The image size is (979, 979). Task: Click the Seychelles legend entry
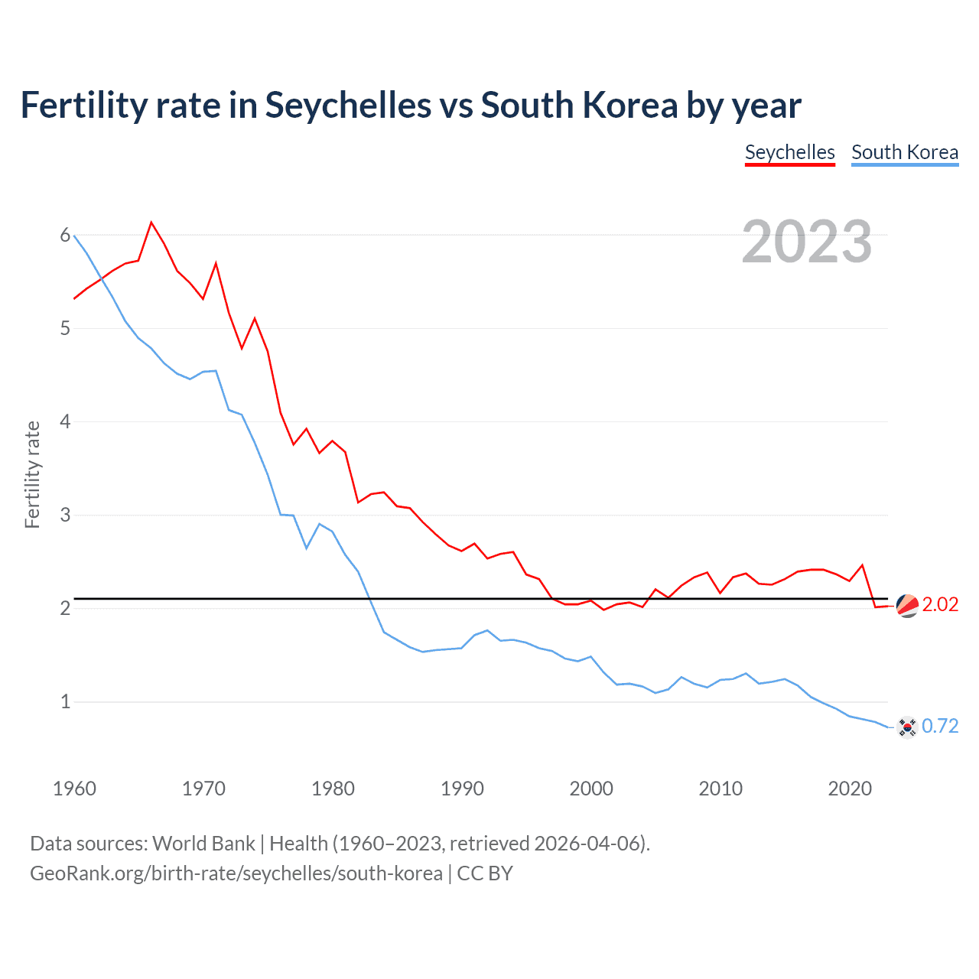(x=789, y=152)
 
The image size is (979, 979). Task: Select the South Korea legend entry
(x=904, y=152)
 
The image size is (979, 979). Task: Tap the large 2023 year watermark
(x=807, y=242)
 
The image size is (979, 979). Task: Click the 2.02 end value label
(x=940, y=604)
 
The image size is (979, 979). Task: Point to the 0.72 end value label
(x=940, y=726)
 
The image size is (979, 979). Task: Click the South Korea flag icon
(x=907, y=727)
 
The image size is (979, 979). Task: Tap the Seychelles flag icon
(x=907, y=605)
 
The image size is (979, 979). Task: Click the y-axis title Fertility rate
(x=32, y=474)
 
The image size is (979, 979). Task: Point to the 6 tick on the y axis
(x=65, y=236)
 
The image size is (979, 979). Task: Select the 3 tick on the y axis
(x=65, y=515)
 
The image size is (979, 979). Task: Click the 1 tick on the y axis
(x=65, y=701)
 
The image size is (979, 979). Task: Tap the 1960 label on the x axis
(x=74, y=789)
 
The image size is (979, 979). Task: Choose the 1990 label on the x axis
(x=462, y=789)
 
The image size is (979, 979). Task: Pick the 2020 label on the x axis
(x=850, y=789)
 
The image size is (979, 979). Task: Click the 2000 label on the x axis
(x=591, y=789)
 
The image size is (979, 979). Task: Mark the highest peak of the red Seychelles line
(x=151, y=223)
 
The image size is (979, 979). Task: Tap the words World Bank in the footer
(x=203, y=844)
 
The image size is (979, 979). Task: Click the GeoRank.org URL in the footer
(x=236, y=873)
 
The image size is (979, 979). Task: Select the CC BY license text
(x=485, y=873)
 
